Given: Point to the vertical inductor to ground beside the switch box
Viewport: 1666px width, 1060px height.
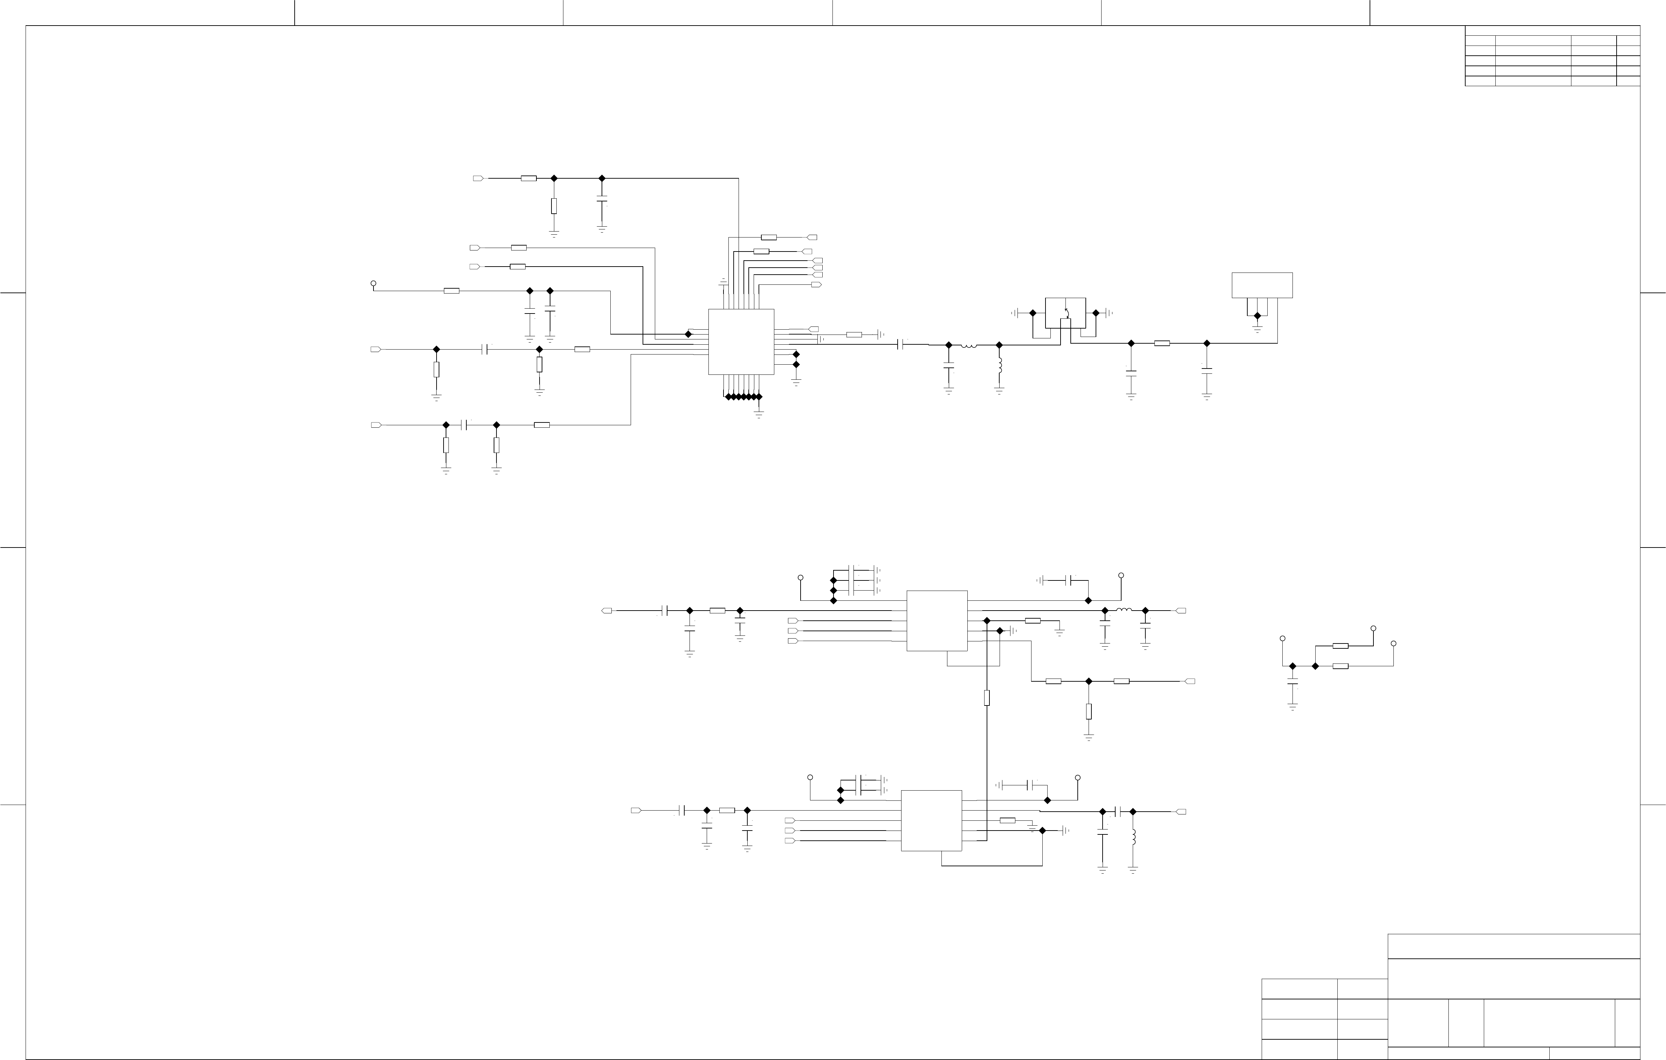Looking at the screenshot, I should [x=999, y=365].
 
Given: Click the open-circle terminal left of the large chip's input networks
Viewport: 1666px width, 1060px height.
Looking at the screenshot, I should [x=373, y=284].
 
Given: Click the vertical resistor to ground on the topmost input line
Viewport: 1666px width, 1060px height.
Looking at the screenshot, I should [x=554, y=206].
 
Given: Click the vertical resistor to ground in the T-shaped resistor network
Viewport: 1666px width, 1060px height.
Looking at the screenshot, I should [x=1088, y=711].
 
